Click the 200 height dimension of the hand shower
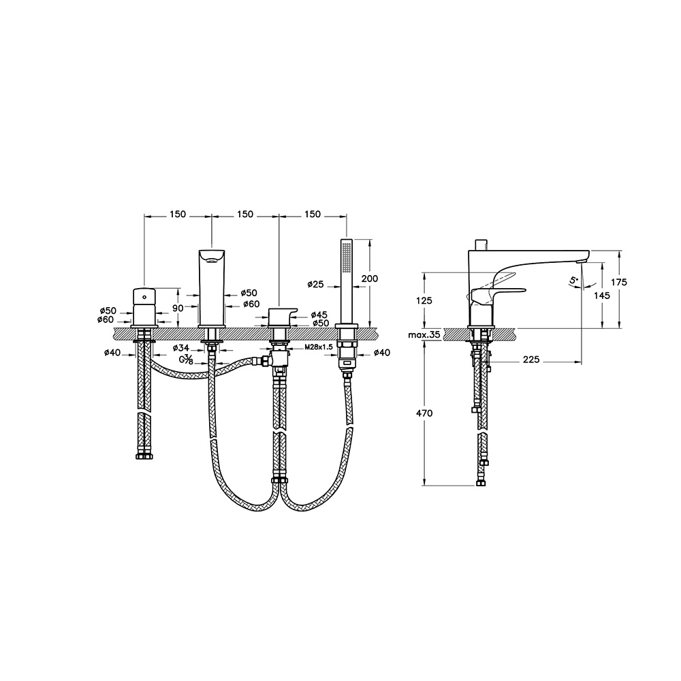point(369,279)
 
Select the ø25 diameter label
point(315,285)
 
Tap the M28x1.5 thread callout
point(319,347)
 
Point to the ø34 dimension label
point(180,347)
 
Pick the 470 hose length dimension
point(424,413)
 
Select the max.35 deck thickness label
point(424,335)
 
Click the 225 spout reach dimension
point(531,360)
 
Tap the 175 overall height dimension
point(619,283)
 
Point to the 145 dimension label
point(601,296)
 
